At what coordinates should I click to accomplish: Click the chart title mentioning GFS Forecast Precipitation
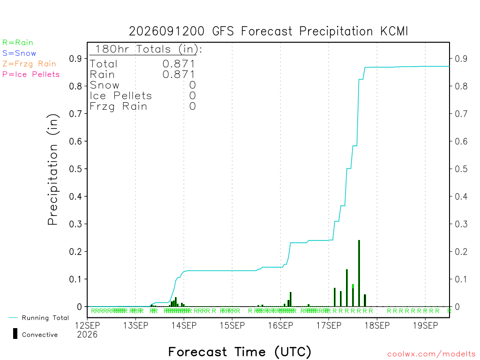(x=269, y=31)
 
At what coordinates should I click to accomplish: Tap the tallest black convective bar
(x=359, y=273)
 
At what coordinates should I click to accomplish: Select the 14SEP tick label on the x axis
(x=184, y=325)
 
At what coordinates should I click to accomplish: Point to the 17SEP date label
(x=329, y=325)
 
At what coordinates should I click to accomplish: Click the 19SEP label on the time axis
(x=425, y=325)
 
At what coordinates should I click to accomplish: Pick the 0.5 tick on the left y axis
(x=75, y=169)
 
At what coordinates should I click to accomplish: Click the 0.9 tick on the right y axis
(x=461, y=59)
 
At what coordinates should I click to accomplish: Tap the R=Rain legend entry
(x=18, y=43)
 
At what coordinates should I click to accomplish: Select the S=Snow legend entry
(x=19, y=53)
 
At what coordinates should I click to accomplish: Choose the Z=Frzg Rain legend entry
(x=29, y=64)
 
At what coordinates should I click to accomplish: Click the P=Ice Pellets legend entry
(x=31, y=75)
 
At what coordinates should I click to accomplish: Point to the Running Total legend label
(x=45, y=318)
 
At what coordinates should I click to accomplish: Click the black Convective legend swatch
(x=15, y=334)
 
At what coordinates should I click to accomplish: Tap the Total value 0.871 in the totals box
(x=179, y=64)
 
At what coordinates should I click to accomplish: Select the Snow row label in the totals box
(x=105, y=85)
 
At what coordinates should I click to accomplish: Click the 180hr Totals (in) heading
(x=149, y=49)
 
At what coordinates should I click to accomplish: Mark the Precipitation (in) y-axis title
(x=52, y=170)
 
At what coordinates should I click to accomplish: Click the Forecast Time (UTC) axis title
(x=240, y=352)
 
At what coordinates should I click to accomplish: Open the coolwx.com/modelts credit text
(x=432, y=354)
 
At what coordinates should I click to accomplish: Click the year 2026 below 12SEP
(x=87, y=335)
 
